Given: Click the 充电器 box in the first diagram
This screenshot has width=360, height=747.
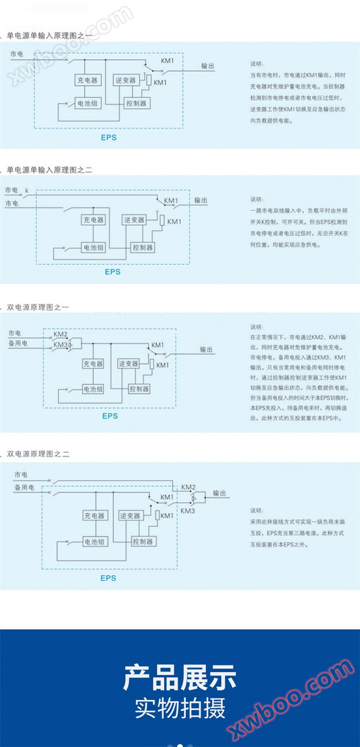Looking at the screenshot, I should click(87, 80).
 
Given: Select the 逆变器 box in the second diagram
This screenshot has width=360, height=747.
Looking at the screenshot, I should click(134, 220).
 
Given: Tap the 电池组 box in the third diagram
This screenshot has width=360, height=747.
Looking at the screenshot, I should click(94, 389).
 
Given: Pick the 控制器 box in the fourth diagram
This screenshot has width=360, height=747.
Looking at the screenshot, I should click(143, 541).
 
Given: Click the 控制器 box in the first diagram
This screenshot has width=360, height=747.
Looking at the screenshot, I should click(136, 104).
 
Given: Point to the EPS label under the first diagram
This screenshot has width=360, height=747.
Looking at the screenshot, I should click(109, 137).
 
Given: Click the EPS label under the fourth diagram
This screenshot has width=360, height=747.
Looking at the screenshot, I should click(108, 578).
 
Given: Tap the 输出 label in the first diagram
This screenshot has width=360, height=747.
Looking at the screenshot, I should click(208, 66).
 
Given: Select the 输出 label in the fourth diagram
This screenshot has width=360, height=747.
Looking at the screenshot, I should click(220, 493).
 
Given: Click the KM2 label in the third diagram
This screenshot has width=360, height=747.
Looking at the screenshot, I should click(61, 335).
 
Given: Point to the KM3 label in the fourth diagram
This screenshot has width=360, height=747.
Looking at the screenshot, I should click(188, 511).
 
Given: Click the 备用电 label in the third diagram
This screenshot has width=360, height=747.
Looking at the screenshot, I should click(18, 344).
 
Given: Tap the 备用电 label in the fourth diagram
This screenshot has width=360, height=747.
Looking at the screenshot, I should click(24, 488).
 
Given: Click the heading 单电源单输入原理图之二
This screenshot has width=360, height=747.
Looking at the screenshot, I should click(49, 170).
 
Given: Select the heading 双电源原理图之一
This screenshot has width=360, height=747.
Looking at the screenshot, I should click(38, 307).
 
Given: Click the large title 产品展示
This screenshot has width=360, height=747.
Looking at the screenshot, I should click(180, 678).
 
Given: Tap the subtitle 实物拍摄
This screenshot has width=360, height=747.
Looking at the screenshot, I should click(180, 708).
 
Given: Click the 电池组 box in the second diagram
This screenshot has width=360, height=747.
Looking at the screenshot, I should click(93, 248).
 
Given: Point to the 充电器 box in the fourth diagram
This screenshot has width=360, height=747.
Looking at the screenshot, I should click(94, 516).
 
